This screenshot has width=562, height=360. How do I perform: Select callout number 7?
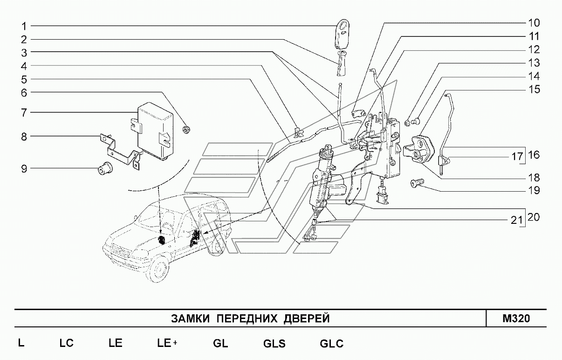[x=24, y=112]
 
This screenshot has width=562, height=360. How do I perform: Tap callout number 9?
[x=24, y=168]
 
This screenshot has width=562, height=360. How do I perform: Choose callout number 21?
[x=514, y=221]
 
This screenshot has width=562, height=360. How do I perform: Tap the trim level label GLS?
[x=274, y=344]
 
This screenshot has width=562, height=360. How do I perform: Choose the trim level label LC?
[x=67, y=344]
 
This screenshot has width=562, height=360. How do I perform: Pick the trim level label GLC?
[x=331, y=344]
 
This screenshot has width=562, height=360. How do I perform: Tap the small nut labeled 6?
[x=187, y=129]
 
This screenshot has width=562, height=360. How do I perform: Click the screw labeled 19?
[x=416, y=183]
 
